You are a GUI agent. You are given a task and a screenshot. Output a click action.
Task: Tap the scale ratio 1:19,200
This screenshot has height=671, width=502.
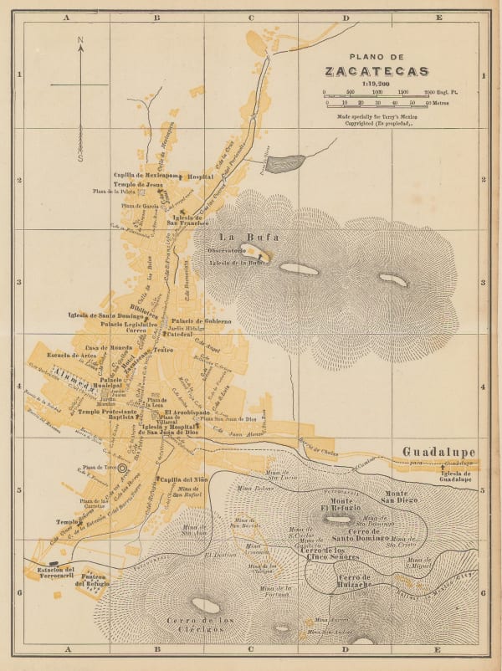coord(376,84)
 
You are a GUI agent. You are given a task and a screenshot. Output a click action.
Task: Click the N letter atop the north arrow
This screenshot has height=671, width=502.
coord(80,39)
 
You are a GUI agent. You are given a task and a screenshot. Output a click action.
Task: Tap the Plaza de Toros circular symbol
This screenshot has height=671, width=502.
coord(123,468)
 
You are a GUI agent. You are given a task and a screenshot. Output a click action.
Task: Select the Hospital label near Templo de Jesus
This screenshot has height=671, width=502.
coord(200,177)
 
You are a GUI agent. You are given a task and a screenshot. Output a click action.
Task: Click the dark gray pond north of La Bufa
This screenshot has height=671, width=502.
coord(283,160)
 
